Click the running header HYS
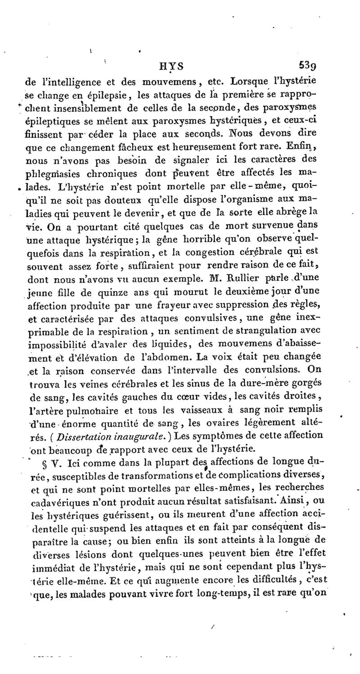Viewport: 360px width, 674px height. pos(171,66)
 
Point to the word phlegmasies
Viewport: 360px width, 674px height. pos(53,173)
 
